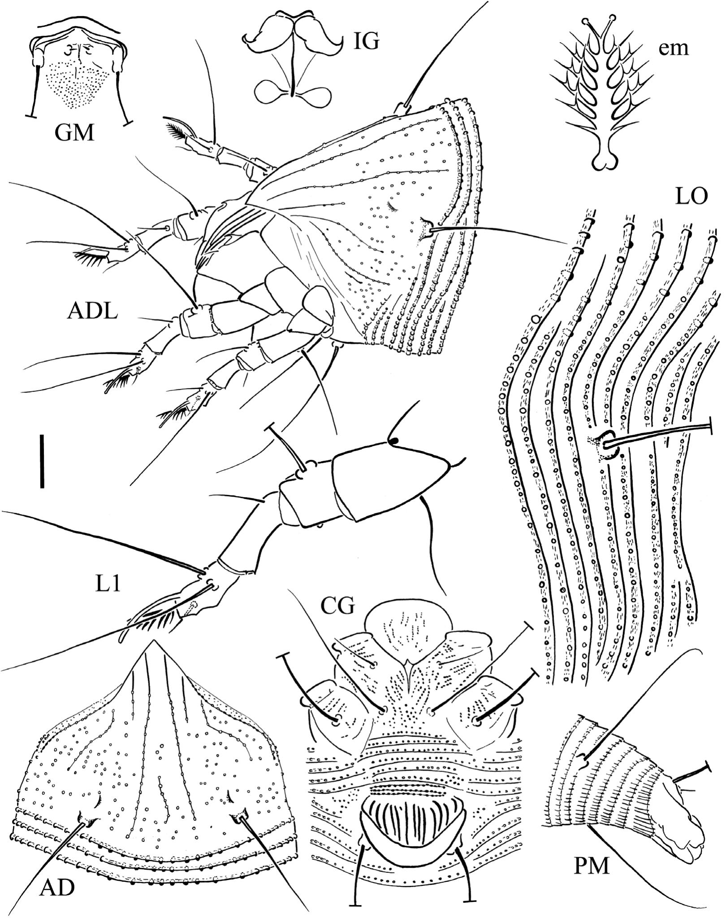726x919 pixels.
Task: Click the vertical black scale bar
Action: (42, 460)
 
